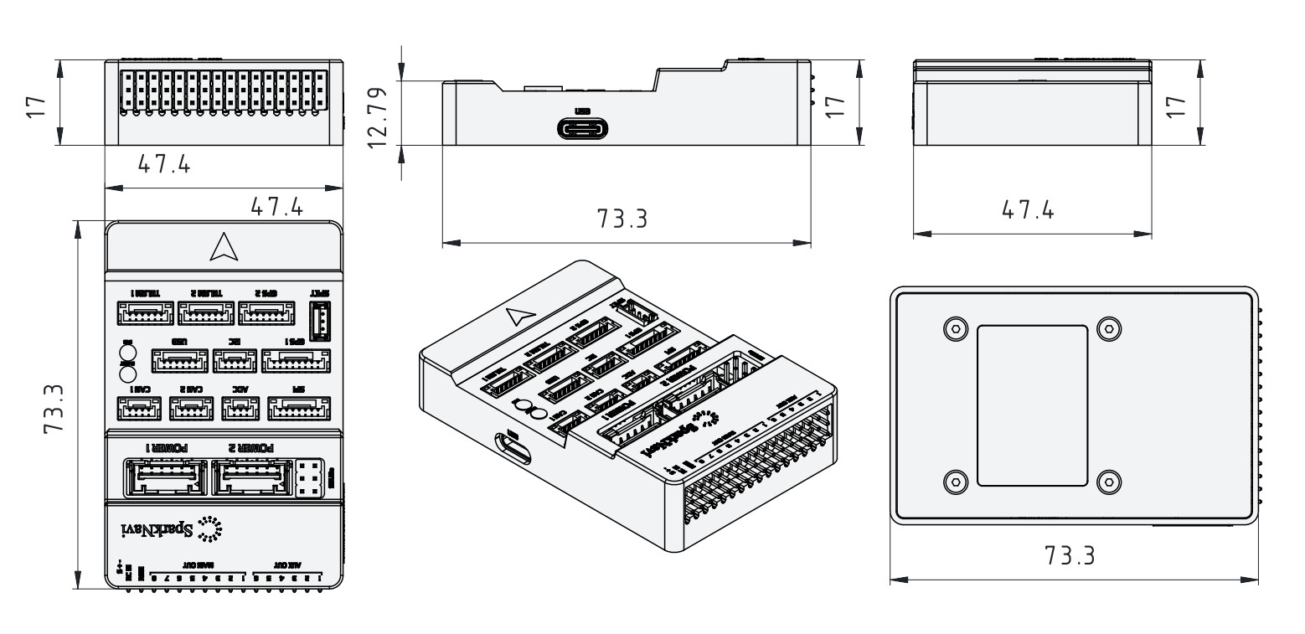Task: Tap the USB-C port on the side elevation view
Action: [x=583, y=129]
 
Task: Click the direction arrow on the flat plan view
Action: [x=222, y=245]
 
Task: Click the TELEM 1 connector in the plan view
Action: [x=146, y=315]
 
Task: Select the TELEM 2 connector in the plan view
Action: [x=205, y=315]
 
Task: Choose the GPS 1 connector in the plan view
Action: [x=295, y=361]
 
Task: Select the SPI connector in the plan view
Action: [x=297, y=408]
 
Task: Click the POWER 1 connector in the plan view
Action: [x=164, y=477]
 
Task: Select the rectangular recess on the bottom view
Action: [x=1033, y=405]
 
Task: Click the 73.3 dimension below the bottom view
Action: [x=1068, y=555]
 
